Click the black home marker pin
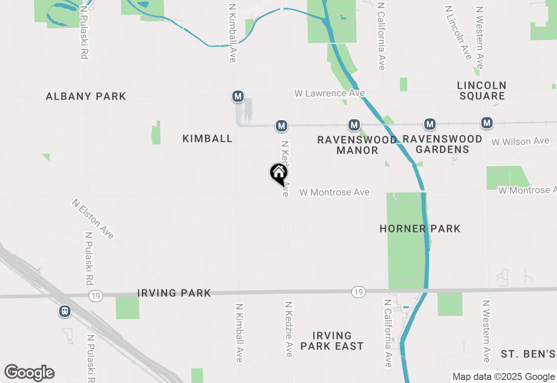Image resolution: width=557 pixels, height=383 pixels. pyautogui.click(x=278, y=173)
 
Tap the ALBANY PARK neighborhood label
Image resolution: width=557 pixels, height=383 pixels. pyautogui.click(x=86, y=96)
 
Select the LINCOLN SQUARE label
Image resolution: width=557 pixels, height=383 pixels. pyautogui.click(x=482, y=91)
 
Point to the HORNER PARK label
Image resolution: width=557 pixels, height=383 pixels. pyautogui.click(x=420, y=228)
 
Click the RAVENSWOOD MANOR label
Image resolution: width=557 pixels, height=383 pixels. pyautogui.click(x=357, y=145)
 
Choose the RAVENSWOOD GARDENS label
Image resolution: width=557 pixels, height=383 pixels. pyautogui.click(x=442, y=144)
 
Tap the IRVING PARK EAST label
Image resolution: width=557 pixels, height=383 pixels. pyautogui.click(x=332, y=341)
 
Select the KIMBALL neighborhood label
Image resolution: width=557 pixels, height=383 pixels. pyautogui.click(x=208, y=138)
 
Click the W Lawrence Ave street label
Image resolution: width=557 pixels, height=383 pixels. pyautogui.click(x=329, y=93)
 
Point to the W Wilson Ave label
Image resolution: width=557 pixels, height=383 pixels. pyautogui.click(x=520, y=141)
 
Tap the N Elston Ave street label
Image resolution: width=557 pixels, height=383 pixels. pyautogui.click(x=93, y=219)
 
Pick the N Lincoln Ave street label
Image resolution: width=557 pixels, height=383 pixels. pyautogui.click(x=458, y=33)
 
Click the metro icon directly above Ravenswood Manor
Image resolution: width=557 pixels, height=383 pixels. pyautogui.click(x=354, y=125)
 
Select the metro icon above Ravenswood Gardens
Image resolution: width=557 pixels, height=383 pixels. pyautogui.click(x=430, y=124)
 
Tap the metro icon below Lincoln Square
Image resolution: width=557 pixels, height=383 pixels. pyautogui.click(x=487, y=123)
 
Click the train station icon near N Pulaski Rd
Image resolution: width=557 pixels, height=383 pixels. pyautogui.click(x=65, y=311)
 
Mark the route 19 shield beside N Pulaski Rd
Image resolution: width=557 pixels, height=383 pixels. pyautogui.click(x=95, y=296)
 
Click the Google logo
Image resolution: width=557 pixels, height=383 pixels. pyautogui.click(x=30, y=373)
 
